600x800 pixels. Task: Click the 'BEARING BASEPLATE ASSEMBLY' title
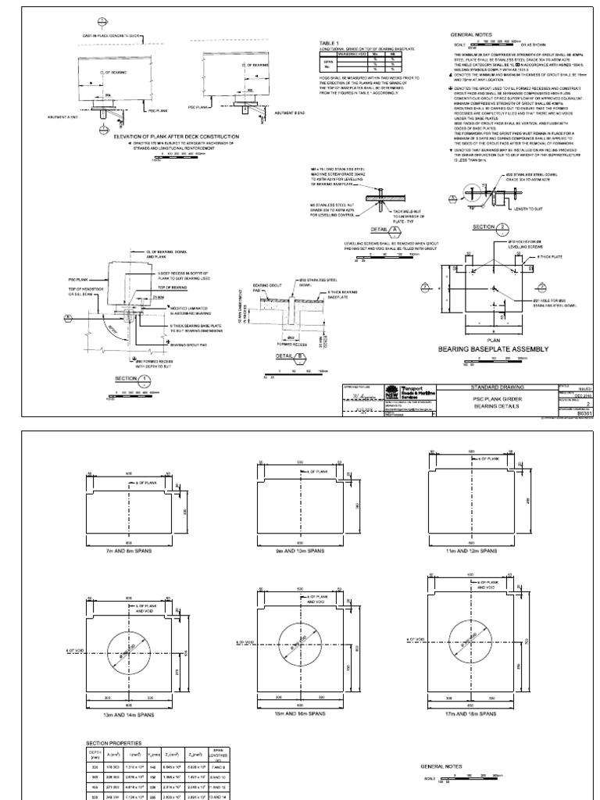coord(495,348)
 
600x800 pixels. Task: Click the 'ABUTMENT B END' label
coord(290,113)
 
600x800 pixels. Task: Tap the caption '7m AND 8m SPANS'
coord(130,551)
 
